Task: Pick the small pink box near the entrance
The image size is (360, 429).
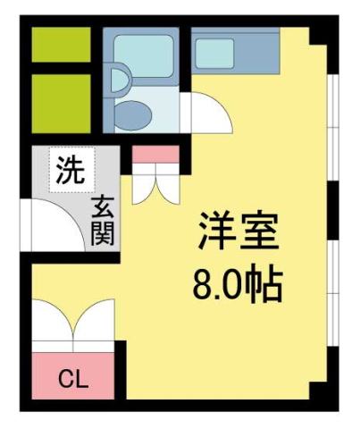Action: click(156, 154)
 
